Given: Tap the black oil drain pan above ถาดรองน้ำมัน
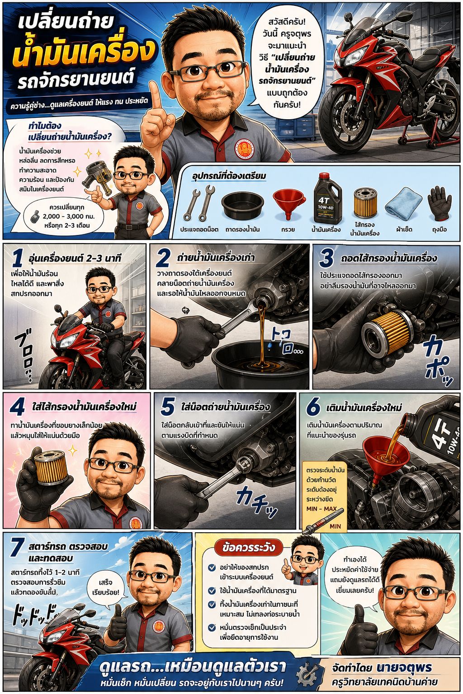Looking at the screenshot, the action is pos(242,206).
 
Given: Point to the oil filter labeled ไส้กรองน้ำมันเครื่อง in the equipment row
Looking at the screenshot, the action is pos(366,203).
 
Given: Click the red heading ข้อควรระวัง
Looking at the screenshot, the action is pos(249,548).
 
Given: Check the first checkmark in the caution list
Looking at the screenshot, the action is pos(212,567).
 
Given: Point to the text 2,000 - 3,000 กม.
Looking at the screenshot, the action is pos(69,216).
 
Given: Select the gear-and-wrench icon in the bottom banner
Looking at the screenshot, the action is pos(307,675).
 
